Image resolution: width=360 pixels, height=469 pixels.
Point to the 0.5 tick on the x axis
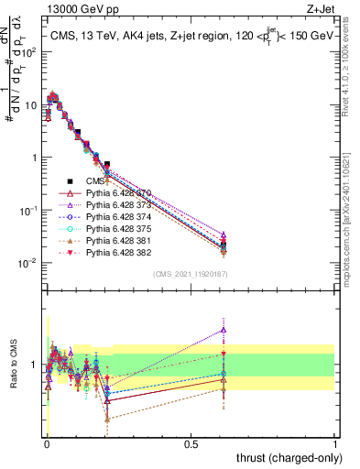pyautogui.click(x=191, y=444)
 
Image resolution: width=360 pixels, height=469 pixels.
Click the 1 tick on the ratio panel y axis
pyautogui.click(x=36, y=365)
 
